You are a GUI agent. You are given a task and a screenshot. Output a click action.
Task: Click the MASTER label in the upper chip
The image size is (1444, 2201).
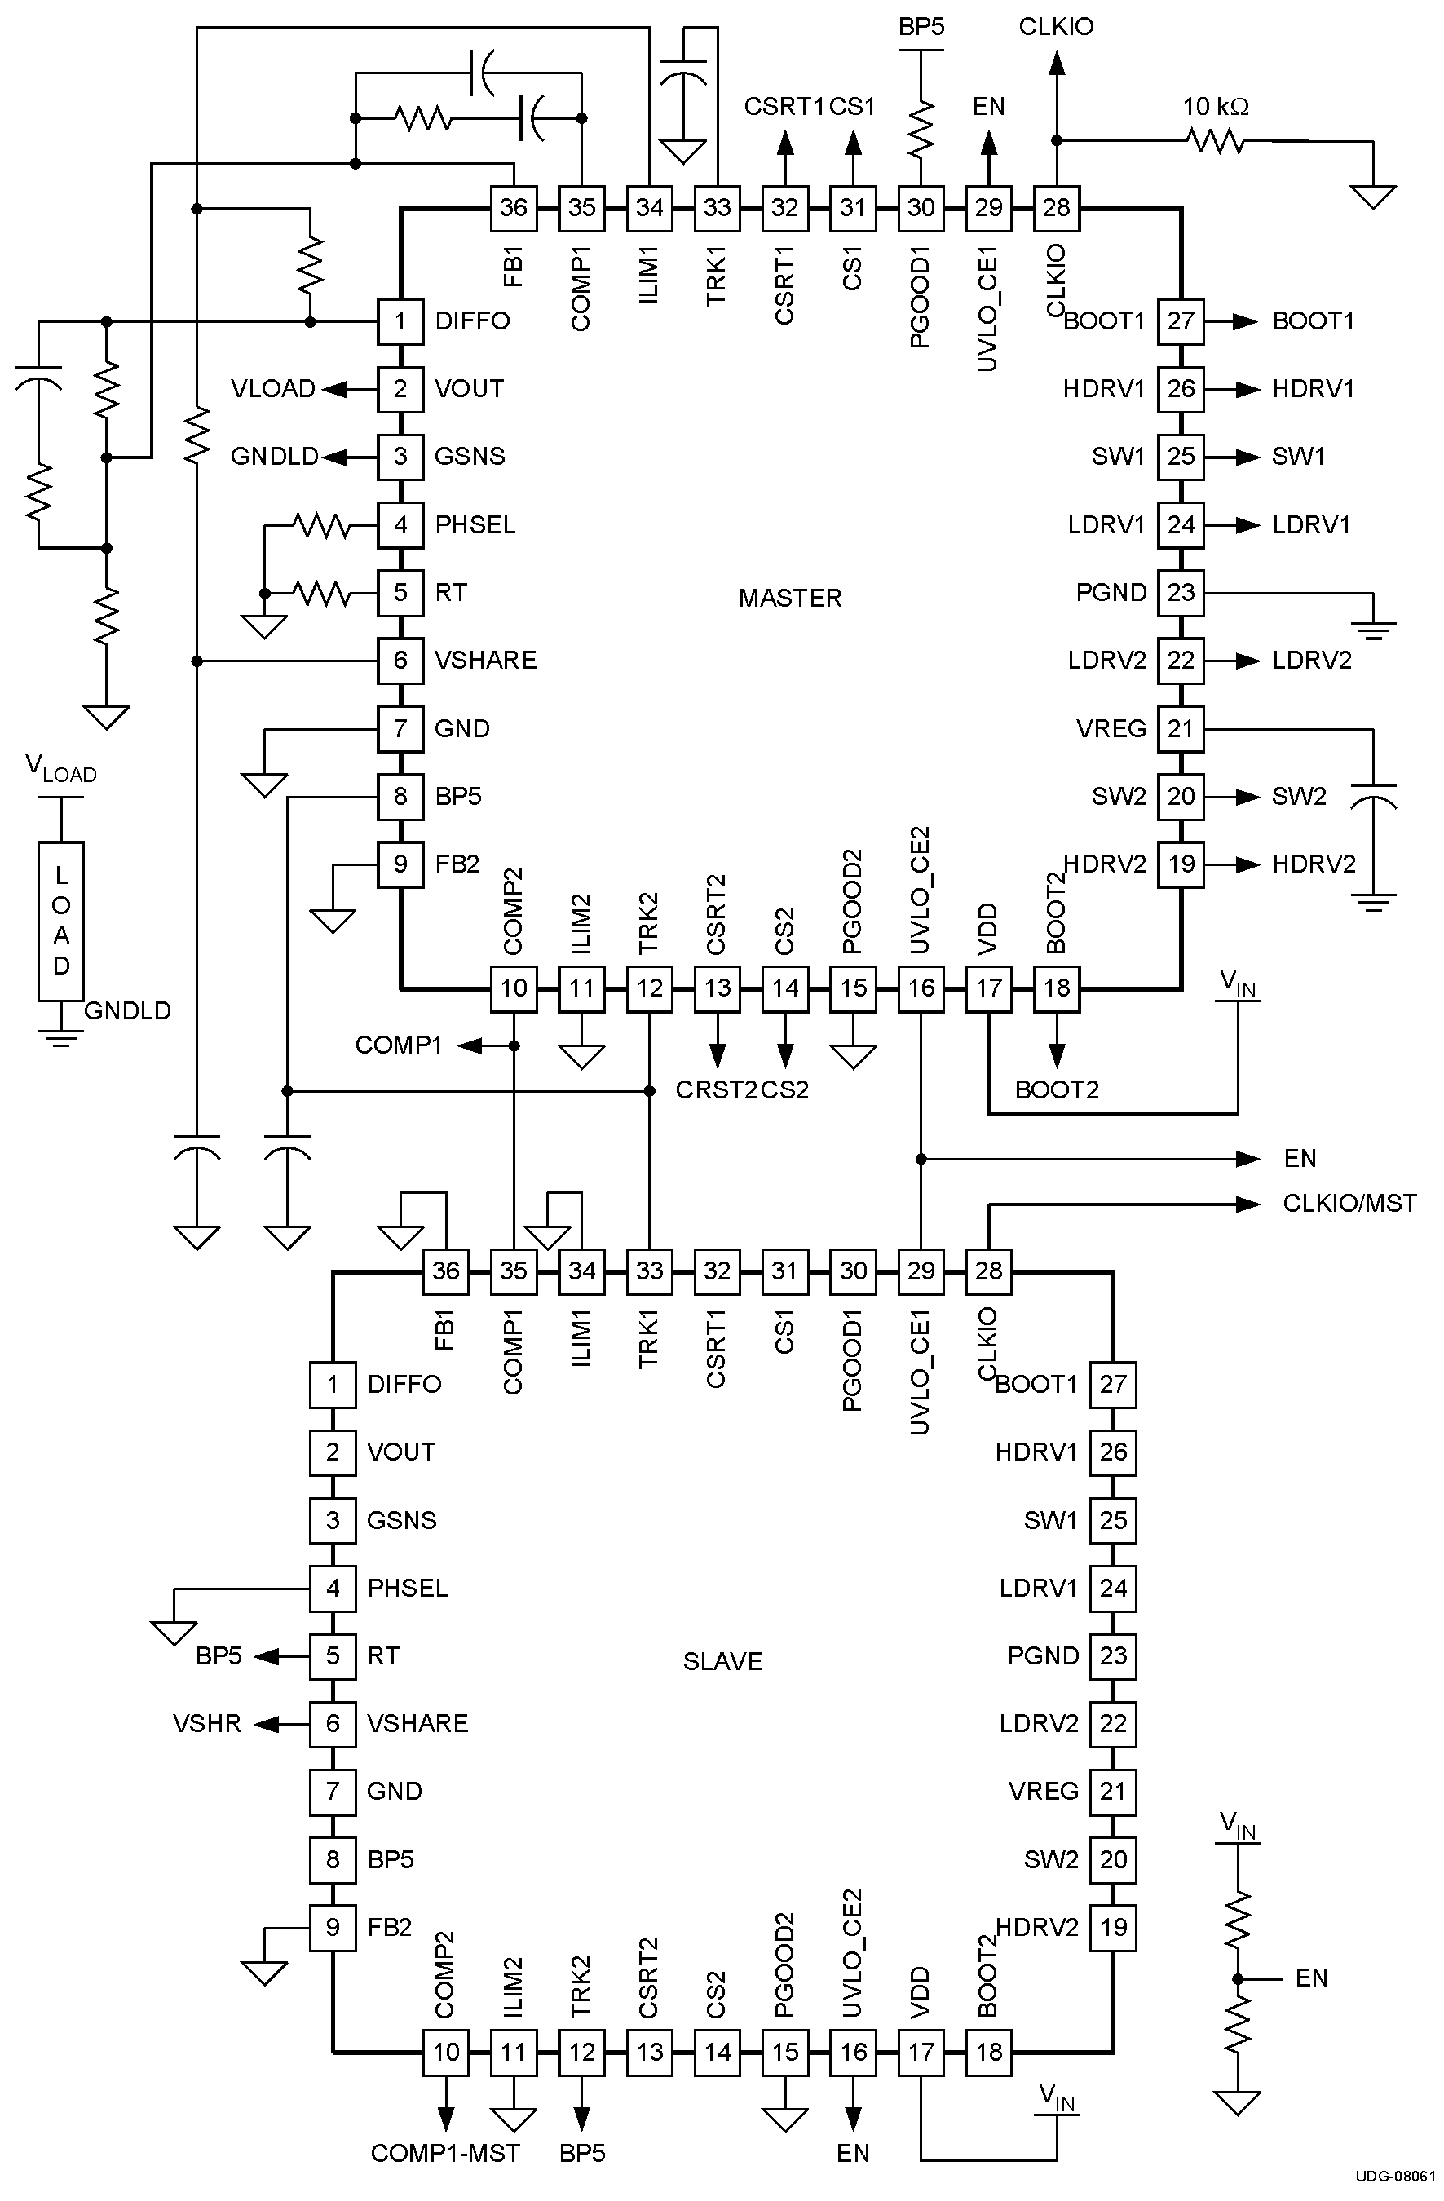(x=789, y=599)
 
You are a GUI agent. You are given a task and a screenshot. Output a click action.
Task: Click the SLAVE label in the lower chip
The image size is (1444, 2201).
(x=722, y=1662)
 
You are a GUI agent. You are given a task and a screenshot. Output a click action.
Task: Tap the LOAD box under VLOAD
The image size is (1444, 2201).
(x=61, y=921)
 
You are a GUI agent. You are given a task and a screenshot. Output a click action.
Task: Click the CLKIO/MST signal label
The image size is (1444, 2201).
(x=1349, y=1203)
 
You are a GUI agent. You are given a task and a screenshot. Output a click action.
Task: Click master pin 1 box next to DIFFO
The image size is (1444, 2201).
(x=400, y=321)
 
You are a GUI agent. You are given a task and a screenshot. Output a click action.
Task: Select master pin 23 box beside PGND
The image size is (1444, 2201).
(x=1181, y=593)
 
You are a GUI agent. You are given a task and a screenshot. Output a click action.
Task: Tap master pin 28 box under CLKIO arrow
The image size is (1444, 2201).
(x=1057, y=207)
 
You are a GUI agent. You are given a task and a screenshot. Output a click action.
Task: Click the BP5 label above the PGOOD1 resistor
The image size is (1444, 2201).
(x=921, y=27)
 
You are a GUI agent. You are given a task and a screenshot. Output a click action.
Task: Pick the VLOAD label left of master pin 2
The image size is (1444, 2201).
(x=272, y=388)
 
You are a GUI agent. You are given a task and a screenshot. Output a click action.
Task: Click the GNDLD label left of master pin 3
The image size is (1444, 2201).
(x=274, y=457)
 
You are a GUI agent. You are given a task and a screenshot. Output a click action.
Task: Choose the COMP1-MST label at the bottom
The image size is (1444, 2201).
(x=444, y=2153)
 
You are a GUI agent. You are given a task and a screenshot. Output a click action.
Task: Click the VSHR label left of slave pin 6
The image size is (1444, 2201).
(x=206, y=1724)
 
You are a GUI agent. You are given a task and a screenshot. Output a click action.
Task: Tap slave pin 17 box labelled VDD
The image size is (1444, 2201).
(x=921, y=2052)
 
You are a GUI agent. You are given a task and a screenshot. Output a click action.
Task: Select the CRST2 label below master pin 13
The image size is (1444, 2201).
(x=716, y=1089)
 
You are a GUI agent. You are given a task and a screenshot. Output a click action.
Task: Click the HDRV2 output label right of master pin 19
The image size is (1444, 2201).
(x=1314, y=864)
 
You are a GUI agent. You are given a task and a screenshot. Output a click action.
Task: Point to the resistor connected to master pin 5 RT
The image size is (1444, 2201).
(x=323, y=593)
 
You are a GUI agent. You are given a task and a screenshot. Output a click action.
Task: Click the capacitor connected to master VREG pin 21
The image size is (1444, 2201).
(x=1373, y=795)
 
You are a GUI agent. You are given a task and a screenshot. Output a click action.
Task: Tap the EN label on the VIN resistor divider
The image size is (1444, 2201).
(x=1311, y=1978)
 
